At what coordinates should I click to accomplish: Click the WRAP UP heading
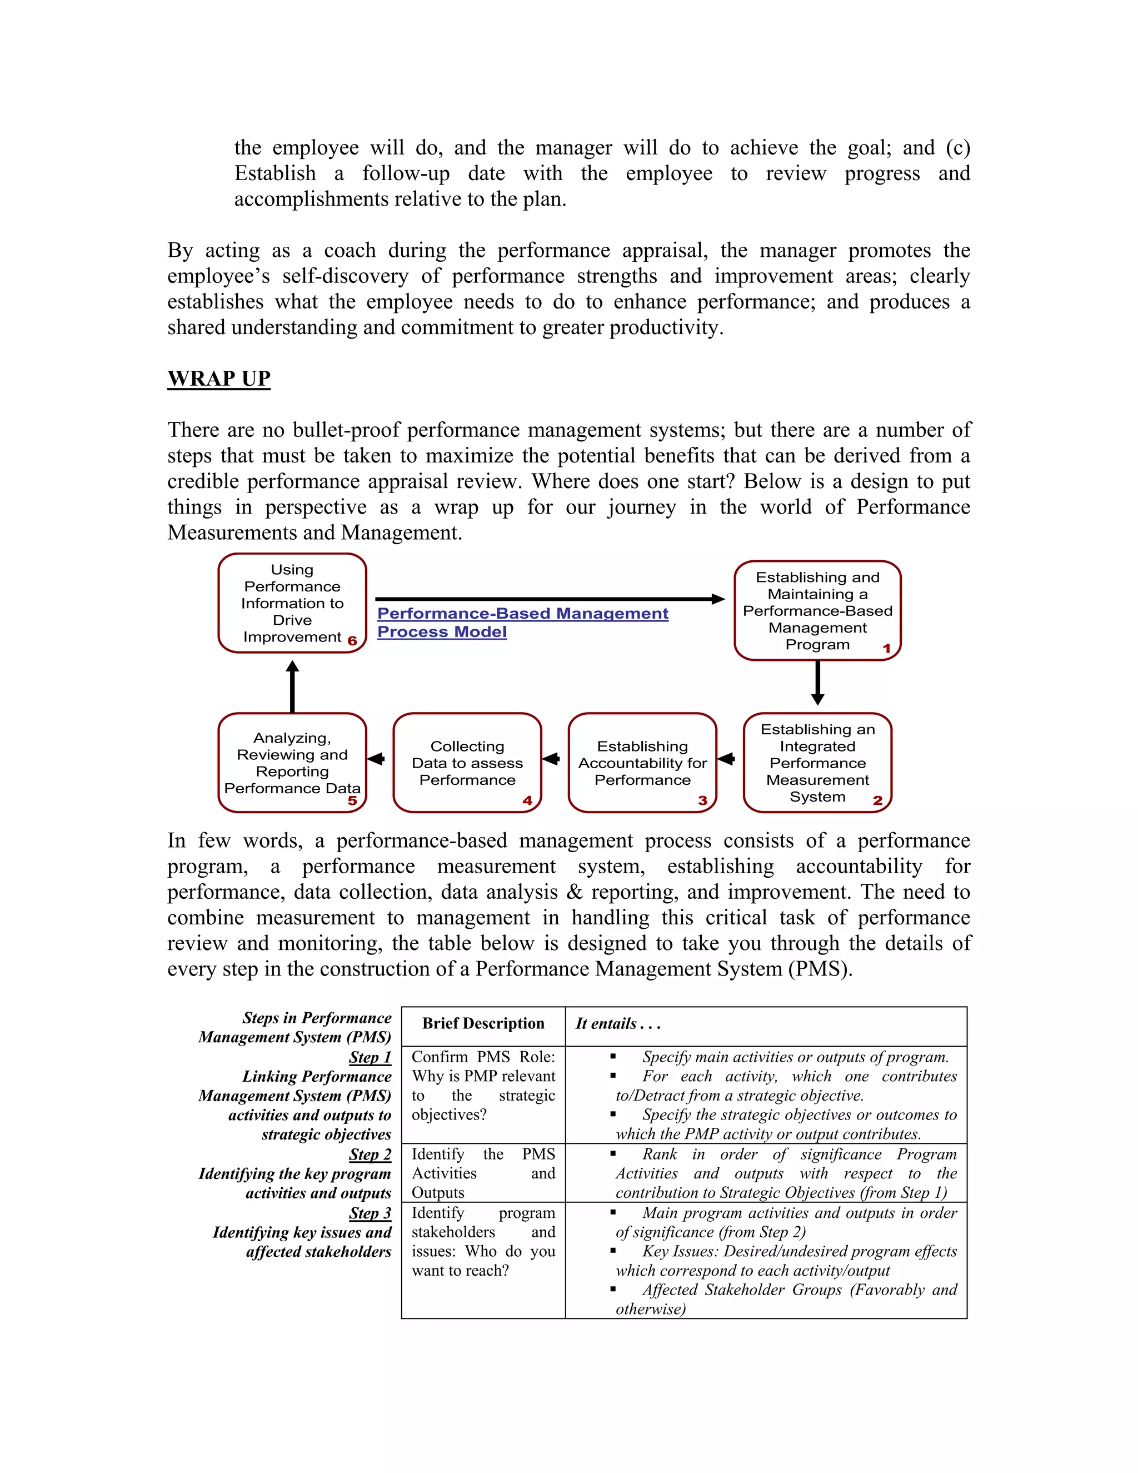click(218, 379)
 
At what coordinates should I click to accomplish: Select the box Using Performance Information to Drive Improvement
click(292, 603)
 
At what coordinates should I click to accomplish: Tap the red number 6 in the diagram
click(352, 641)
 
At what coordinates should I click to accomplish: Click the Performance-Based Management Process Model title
click(522, 622)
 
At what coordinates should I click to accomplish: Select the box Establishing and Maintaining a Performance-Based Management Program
click(817, 610)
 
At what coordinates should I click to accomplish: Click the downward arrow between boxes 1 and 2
click(818, 683)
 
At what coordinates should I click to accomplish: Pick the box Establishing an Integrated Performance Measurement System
click(817, 762)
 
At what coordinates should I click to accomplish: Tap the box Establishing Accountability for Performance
click(642, 762)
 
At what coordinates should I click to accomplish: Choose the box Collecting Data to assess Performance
click(467, 762)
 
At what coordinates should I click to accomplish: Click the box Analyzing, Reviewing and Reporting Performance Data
click(292, 762)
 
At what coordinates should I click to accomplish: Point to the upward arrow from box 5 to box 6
click(292, 686)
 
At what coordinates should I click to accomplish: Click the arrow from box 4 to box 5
click(376, 759)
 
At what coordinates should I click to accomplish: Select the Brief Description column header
click(483, 1024)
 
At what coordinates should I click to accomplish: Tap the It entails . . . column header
click(617, 1024)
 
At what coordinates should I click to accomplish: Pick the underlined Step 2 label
click(370, 1154)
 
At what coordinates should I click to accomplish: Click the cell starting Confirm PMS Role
click(483, 1086)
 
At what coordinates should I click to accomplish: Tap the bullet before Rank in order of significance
click(613, 1154)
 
